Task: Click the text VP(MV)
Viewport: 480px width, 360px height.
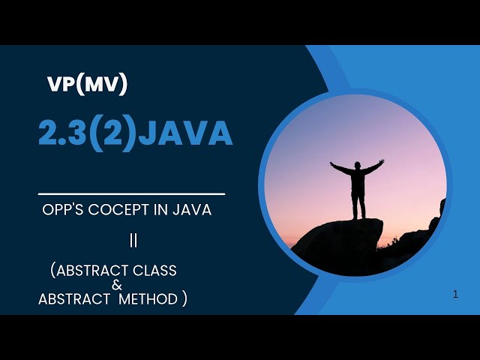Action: (x=87, y=85)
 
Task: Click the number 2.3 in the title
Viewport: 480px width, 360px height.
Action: (x=62, y=133)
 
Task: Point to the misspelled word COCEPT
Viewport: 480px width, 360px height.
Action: (x=119, y=210)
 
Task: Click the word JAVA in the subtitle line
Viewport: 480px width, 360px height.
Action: (x=191, y=210)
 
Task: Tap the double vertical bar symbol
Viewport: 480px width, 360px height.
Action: (x=133, y=241)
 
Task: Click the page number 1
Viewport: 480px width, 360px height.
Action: (x=455, y=295)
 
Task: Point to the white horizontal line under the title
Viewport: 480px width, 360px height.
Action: (x=131, y=193)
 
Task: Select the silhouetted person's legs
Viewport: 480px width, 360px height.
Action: (x=358, y=206)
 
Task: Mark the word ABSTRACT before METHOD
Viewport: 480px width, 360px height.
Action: (x=72, y=299)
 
